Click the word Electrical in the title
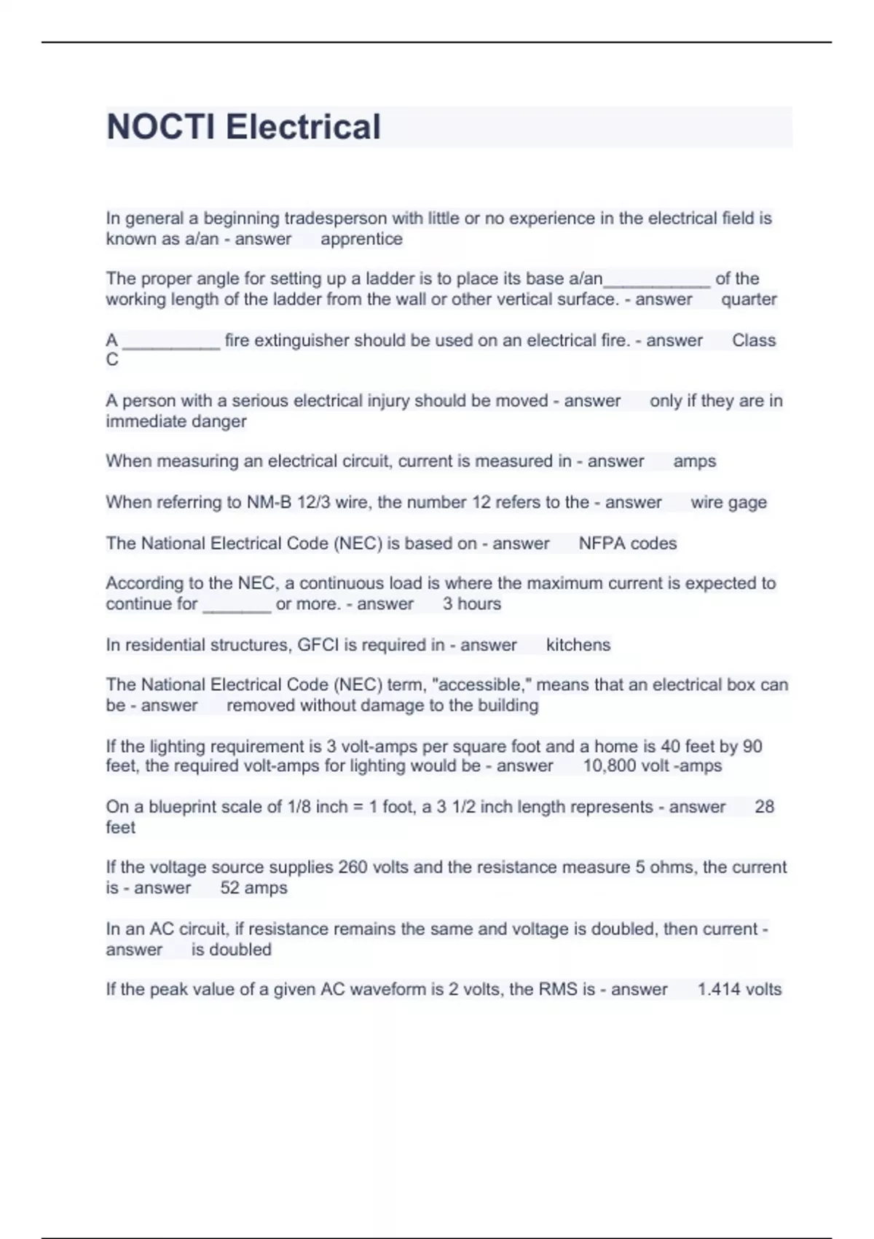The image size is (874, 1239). [x=303, y=127]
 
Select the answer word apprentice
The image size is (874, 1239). [x=361, y=239]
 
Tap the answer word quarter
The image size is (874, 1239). [x=749, y=300]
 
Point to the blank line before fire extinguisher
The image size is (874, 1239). [x=171, y=341]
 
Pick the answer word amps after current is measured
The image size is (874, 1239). [x=694, y=461]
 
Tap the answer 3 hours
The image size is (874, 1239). [x=471, y=604]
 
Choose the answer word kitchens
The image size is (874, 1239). [x=578, y=645]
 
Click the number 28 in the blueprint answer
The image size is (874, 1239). [x=764, y=807]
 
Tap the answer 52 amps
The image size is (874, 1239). [x=253, y=888]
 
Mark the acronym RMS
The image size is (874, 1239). [x=557, y=989]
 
